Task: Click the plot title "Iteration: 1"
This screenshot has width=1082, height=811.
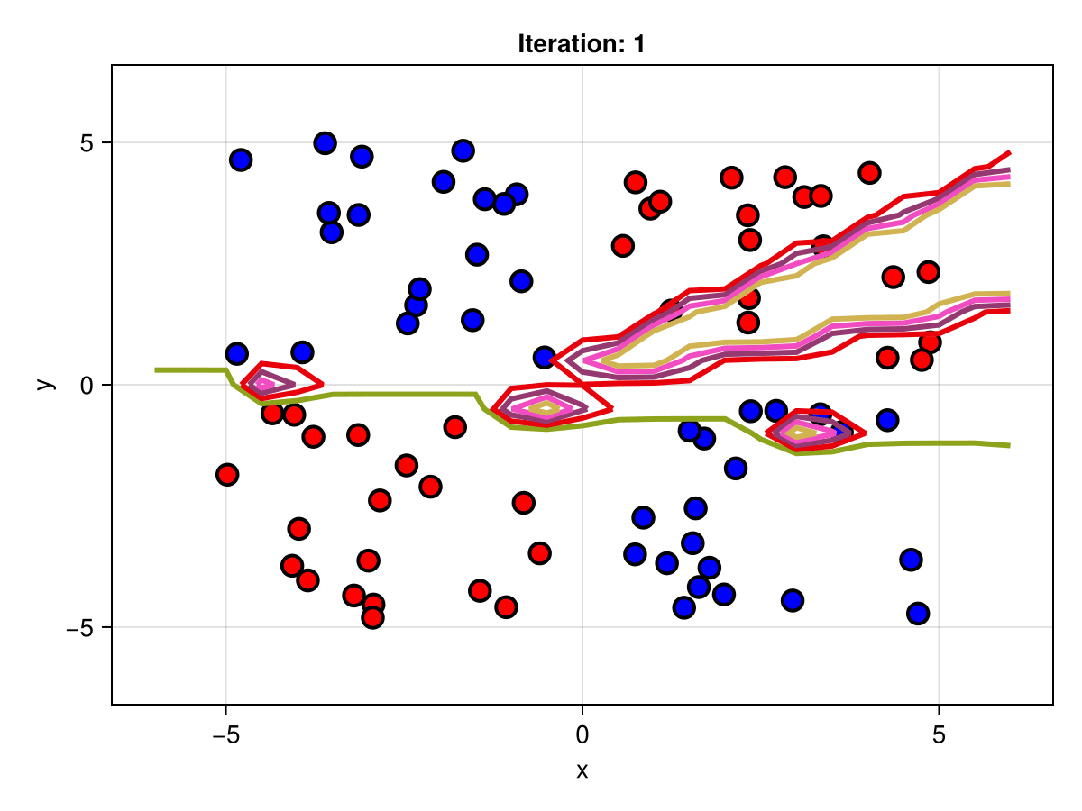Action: click(582, 43)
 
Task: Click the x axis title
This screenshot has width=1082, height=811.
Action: click(582, 770)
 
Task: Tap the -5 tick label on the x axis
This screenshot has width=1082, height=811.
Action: click(225, 735)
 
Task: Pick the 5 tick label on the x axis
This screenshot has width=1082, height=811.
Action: click(939, 735)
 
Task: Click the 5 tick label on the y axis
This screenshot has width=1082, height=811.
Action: click(88, 142)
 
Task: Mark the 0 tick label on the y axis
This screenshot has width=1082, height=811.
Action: click(88, 385)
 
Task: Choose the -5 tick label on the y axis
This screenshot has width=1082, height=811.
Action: click(81, 627)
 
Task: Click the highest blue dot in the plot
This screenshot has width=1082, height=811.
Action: click(326, 142)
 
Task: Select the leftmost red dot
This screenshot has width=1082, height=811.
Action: click(227, 474)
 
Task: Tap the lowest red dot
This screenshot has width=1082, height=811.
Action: click(372, 617)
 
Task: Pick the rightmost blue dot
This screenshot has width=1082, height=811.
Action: click(918, 614)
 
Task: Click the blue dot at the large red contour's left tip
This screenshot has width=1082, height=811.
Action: click(544, 357)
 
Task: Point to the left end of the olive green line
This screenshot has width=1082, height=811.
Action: click(156, 369)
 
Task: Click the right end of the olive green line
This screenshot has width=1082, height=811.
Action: click(1009, 445)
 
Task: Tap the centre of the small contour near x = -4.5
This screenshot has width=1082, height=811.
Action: click(263, 384)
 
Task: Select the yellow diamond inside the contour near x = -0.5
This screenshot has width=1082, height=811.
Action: click(545, 408)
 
